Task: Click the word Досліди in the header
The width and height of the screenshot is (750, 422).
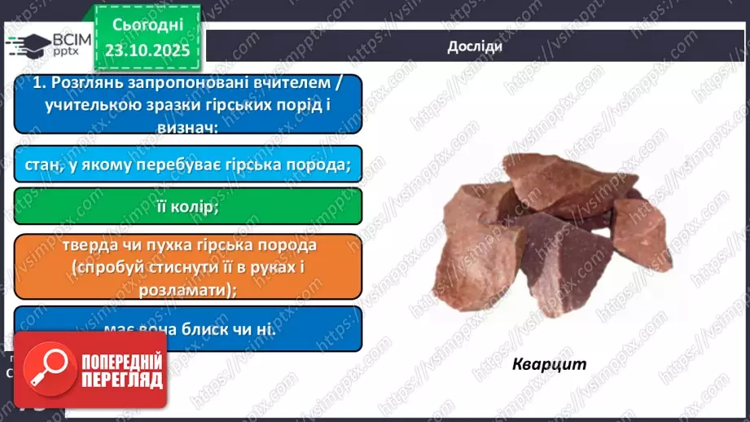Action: pos(474,46)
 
